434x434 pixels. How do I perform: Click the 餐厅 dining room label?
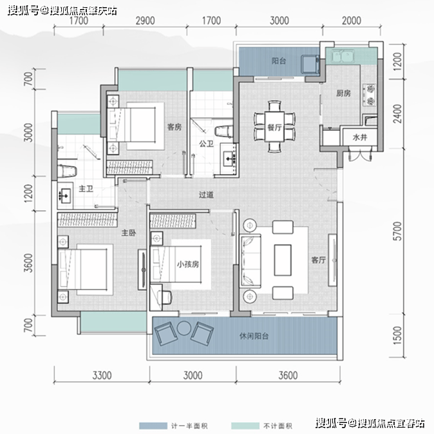pyautogui.click(x=274, y=127)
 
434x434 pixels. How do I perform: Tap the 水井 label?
pyautogui.click(x=359, y=137)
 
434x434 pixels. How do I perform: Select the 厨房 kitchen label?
pyautogui.click(x=343, y=94)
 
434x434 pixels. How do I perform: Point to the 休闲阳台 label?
pyautogui.click(x=254, y=336)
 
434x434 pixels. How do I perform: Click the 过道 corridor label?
pyautogui.click(x=206, y=195)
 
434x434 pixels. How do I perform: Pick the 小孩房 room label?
pyautogui.click(x=188, y=264)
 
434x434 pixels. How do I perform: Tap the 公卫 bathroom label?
pyautogui.click(x=206, y=144)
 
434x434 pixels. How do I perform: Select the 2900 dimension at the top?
pyautogui.click(x=145, y=21)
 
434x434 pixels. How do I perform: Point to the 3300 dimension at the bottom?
pyautogui.click(x=102, y=375)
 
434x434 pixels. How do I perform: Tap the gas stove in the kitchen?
pyautogui.click(x=370, y=95)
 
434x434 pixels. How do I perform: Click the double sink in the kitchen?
pyautogui.click(x=343, y=56)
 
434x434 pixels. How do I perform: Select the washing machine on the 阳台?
pyautogui.click(x=310, y=64)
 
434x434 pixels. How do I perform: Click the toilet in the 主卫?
pyautogui.click(x=67, y=171)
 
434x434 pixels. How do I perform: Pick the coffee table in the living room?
pyautogui.click(x=283, y=260)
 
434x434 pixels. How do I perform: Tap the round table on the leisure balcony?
pyautogui.click(x=184, y=328)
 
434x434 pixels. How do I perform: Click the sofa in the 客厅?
pyautogui.click(x=250, y=261)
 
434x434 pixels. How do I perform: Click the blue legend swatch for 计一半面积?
pyautogui.click(x=153, y=426)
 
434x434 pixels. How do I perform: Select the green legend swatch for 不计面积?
pyautogui.click(x=245, y=426)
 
